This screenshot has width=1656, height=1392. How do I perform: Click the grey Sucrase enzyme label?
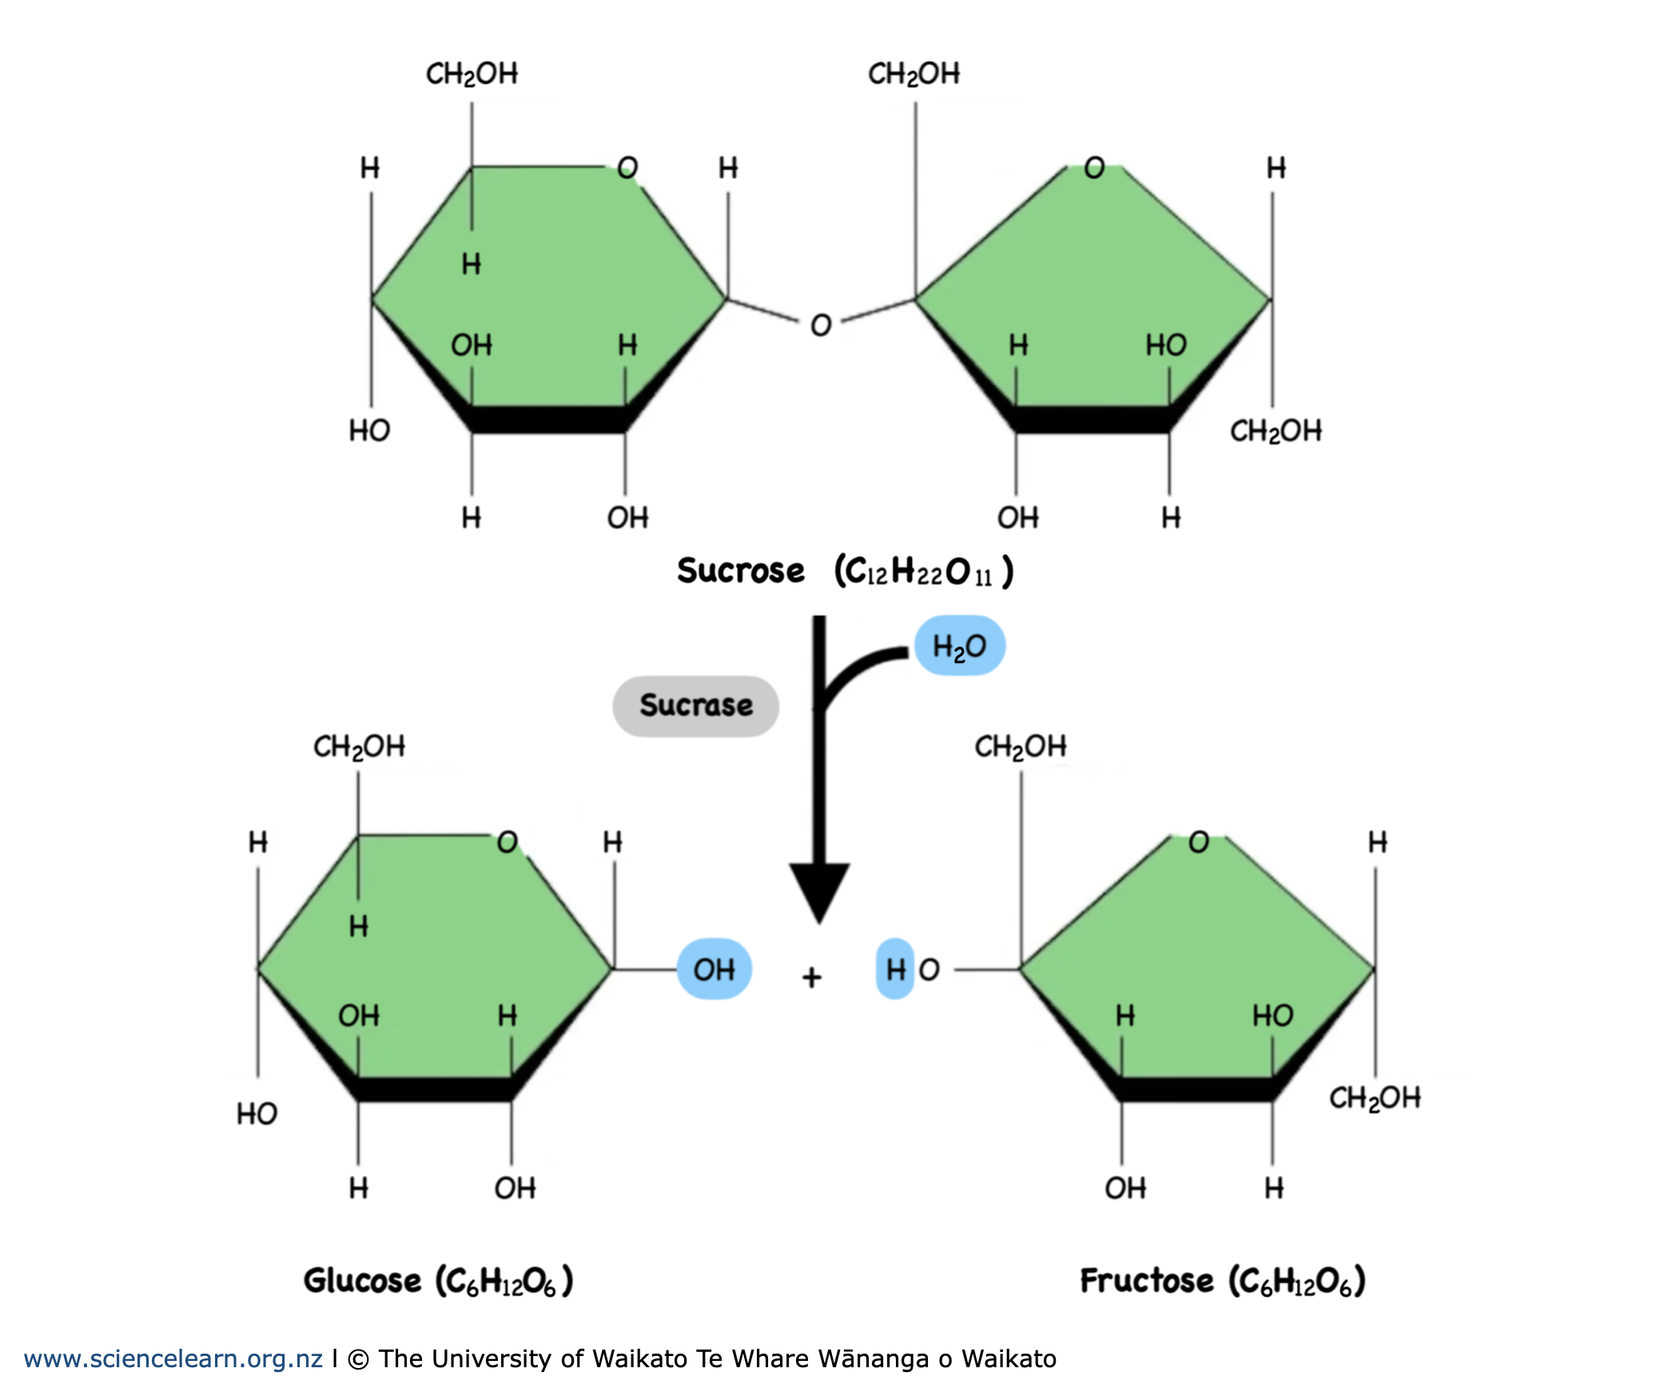point(695,706)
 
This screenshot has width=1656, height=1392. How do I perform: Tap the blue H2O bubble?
point(959,646)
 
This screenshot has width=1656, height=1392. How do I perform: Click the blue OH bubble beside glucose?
point(714,969)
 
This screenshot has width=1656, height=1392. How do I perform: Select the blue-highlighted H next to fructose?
point(895,969)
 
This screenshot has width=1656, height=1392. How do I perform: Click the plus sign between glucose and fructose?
point(812,976)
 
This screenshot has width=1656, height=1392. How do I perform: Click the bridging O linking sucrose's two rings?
point(821,325)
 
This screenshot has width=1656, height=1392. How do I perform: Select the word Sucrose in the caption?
point(740,571)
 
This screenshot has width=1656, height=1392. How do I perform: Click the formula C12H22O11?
point(924,571)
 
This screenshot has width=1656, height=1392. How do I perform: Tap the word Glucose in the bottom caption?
point(362,1280)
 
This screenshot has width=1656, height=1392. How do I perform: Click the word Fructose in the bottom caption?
point(1146,1280)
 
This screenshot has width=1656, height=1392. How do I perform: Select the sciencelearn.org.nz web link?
point(173,1358)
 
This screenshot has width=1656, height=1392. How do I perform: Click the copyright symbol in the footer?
point(359,1358)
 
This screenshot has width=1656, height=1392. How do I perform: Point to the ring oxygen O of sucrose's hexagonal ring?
point(627,168)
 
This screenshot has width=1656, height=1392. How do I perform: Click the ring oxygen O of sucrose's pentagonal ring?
point(1094,168)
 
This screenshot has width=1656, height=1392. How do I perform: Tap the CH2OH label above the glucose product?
point(359,746)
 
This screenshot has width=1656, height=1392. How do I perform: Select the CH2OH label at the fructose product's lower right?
point(1375,1098)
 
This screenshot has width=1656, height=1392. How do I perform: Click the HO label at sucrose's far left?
point(369,431)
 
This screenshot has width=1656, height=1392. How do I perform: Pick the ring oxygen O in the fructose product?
point(1198,841)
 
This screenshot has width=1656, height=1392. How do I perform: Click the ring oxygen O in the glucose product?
point(508,841)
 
